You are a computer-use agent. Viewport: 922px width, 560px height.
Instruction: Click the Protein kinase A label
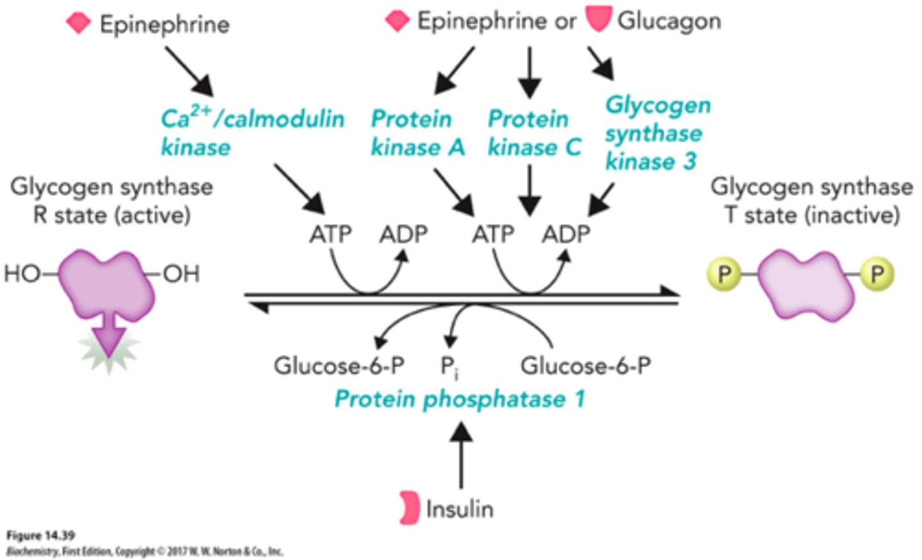(x=417, y=133)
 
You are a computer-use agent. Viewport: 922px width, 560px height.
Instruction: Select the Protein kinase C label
(x=534, y=133)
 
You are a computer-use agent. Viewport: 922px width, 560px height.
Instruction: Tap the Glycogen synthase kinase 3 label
(x=658, y=133)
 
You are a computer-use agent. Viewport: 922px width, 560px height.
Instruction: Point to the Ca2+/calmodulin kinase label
(x=252, y=132)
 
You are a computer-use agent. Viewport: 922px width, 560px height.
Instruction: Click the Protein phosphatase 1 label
(x=460, y=399)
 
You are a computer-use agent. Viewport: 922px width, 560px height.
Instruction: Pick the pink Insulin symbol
(x=409, y=508)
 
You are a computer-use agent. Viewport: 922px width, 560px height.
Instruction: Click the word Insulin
(x=460, y=509)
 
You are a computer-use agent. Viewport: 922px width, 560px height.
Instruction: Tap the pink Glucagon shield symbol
(x=599, y=19)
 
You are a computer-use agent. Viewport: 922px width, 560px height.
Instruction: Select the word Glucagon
(x=669, y=21)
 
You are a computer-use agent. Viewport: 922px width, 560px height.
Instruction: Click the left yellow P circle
(x=724, y=275)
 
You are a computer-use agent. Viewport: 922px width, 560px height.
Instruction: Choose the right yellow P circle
(x=877, y=275)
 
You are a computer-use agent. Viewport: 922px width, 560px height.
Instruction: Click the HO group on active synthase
(x=22, y=274)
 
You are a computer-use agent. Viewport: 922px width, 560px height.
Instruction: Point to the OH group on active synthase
(x=181, y=274)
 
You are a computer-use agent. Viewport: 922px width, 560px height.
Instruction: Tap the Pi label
(x=449, y=367)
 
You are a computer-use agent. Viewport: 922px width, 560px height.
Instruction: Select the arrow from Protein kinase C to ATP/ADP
(x=530, y=190)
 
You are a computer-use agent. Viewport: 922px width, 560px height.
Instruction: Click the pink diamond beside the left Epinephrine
(x=79, y=24)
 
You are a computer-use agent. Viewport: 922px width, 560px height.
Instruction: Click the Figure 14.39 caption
(x=40, y=535)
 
